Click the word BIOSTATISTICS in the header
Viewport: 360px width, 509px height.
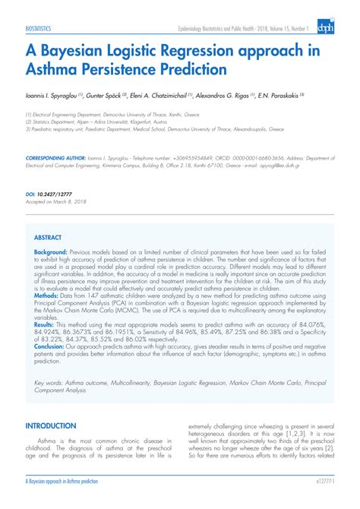(39, 28)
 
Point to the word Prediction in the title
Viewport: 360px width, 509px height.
(190, 71)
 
